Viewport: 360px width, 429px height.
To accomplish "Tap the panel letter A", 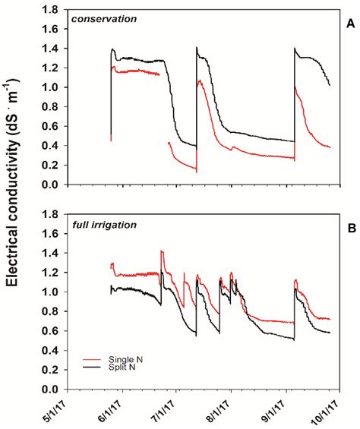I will (x=350, y=24).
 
